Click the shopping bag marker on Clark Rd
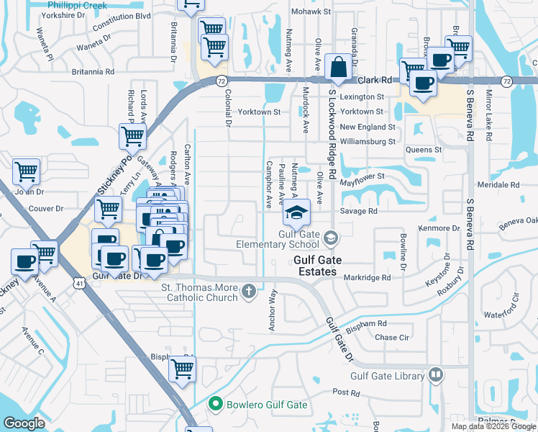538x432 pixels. point(337,68)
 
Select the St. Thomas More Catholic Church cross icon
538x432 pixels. point(248,292)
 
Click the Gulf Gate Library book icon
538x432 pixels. point(435,375)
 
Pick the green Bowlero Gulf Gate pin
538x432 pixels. point(214,405)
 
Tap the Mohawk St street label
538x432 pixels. point(311,12)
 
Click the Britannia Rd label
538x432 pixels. point(93,72)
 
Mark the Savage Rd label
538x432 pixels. point(359,211)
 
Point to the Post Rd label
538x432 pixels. point(345,392)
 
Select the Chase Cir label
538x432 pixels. point(392,337)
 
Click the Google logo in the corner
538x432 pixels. point(24,423)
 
